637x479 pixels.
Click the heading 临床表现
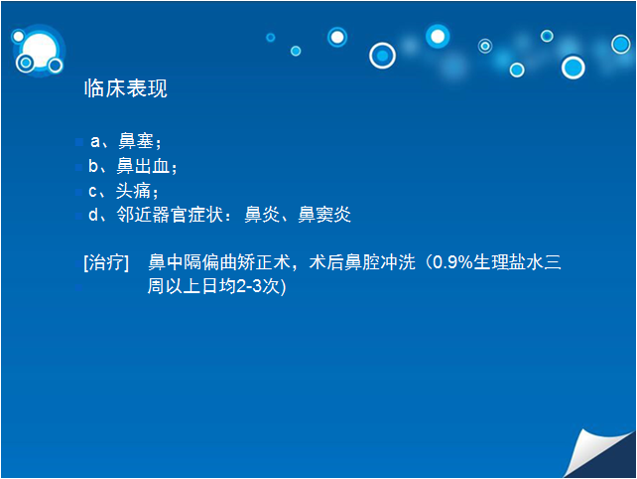[x=126, y=87]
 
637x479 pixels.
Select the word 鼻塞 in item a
[x=136, y=141]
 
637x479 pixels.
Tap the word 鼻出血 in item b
[x=143, y=166]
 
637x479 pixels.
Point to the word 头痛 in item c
[x=133, y=191]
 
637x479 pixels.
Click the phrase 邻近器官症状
[x=170, y=215]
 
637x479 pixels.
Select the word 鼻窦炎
[x=324, y=215]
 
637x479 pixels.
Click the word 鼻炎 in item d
[x=262, y=215]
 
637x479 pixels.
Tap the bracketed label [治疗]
[x=106, y=262]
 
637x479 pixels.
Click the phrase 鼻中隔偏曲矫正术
[x=219, y=262]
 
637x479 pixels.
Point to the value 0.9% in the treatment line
[x=452, y=262]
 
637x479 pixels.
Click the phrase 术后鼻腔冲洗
[x=362, y=262]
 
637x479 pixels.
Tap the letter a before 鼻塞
[x=95, y=142]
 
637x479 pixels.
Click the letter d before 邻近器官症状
[x=93, y=214]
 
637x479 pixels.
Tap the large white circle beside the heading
[x=40, y=51]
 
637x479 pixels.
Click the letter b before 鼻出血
[x=93, y=166]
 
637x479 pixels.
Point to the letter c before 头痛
[x=92, y=191]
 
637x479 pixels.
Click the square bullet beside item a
[x=79, y=142]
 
